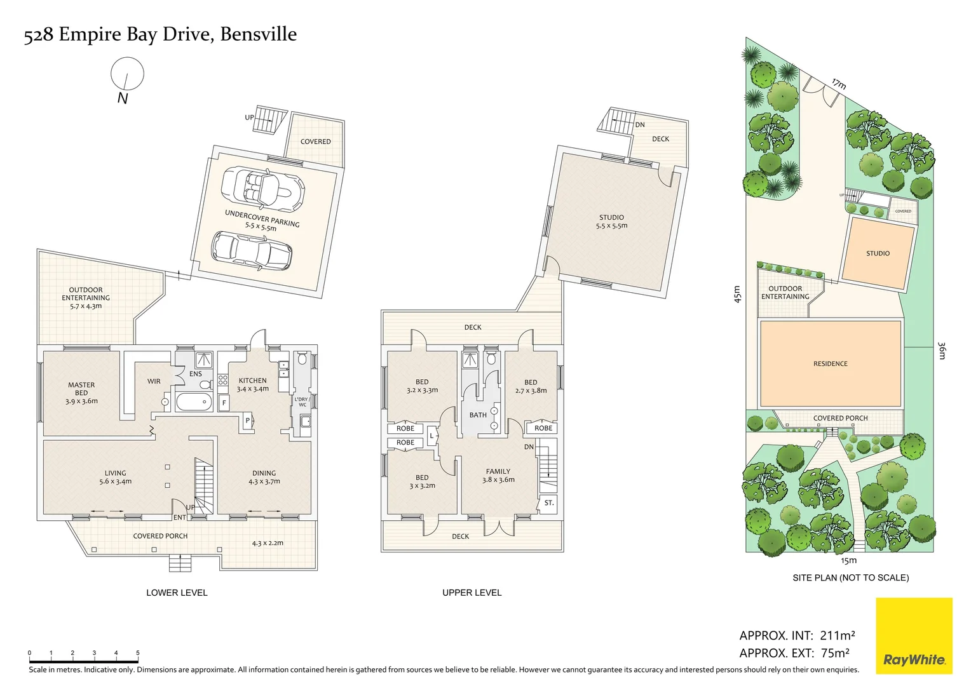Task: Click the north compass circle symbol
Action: [127, 74]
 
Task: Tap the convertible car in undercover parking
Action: [262, 189]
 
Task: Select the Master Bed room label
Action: [81, 393]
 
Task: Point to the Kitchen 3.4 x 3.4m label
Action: [252, 385]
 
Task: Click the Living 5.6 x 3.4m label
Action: [115, 477]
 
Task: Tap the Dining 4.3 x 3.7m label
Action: [264, 477]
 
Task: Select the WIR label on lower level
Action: [154, 381]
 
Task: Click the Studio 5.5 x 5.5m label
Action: [611, 221]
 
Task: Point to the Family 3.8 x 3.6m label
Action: [498, 475]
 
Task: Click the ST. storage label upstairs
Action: [549, 502]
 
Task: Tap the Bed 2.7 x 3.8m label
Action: [531, 386]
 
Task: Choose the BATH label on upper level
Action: [478, 415]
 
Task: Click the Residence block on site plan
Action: [830, 363]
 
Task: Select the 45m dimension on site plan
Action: [737, 294]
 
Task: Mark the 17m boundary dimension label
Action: [839, 84]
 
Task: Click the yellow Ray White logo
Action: [914, 635]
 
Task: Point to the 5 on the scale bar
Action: [137, 653]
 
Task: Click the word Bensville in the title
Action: [258, 34]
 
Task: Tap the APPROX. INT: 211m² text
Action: [797, 635]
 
